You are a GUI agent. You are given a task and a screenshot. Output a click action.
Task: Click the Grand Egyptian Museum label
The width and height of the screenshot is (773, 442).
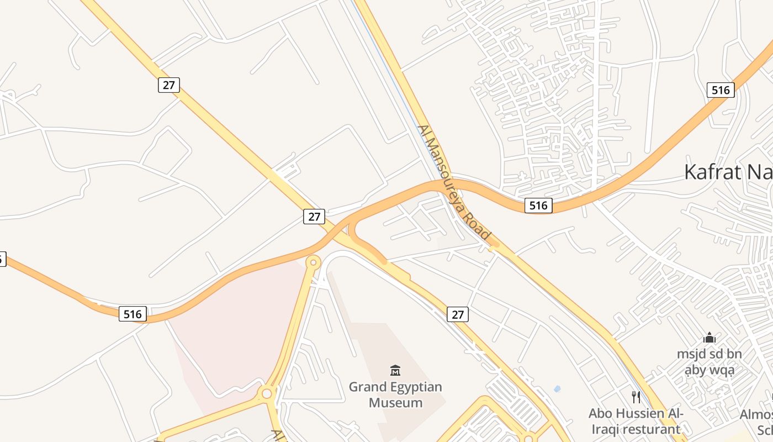point(395,394)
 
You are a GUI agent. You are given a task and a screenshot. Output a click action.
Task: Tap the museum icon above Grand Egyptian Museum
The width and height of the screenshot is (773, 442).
point(395,370)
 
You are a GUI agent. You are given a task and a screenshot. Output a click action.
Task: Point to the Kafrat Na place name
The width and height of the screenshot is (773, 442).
point(728,172)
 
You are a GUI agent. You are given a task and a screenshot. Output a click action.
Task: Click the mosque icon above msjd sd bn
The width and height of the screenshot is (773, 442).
point(710,338)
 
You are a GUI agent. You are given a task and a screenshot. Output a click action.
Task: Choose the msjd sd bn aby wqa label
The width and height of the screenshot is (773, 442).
point(710,362)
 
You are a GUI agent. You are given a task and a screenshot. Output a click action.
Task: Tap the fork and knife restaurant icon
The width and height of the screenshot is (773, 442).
point(636,397)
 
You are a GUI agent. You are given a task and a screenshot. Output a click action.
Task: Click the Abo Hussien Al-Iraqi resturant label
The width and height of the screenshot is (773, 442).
point(636,421)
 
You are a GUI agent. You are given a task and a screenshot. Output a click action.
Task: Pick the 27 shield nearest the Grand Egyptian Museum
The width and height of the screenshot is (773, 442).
point(458,314)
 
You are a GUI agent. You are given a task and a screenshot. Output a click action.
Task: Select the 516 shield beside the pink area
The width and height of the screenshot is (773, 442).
point(133,314)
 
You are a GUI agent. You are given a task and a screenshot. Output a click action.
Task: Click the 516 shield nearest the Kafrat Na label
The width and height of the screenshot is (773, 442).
point(721,90)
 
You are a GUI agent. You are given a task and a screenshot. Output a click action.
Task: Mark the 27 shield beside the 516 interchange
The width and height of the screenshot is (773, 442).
point(314,217)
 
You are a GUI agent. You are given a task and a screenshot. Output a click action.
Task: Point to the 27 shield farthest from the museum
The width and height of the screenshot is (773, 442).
point(169,85)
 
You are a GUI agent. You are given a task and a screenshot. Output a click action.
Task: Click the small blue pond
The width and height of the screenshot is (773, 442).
point(557,389)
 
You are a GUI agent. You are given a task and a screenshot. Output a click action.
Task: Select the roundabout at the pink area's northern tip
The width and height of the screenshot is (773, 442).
point(314,262)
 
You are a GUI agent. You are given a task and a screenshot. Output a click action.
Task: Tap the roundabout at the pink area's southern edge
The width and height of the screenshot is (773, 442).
point(267,393)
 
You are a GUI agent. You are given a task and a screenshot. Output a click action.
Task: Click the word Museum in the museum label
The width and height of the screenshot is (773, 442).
point(395,403)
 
